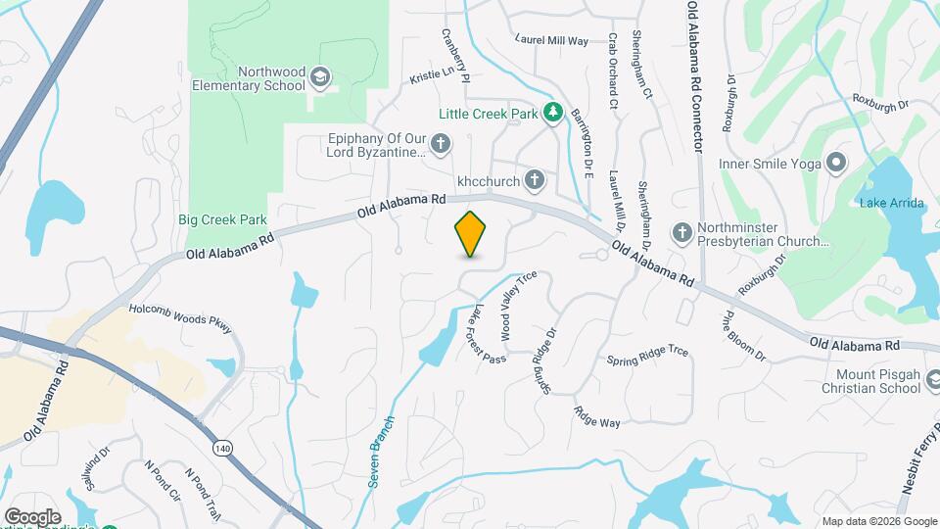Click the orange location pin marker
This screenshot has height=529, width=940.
[471, 233]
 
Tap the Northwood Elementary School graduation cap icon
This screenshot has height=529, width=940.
[319, 77]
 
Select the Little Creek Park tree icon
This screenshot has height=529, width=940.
[553, 114]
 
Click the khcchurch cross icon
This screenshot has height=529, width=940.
[534, 180]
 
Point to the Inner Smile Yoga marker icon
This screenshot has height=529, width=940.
[835, 163]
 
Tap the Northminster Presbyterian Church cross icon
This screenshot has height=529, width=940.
[682, 233]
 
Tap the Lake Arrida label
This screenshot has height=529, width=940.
[887, 204]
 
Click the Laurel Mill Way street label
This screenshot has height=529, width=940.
[552, 41]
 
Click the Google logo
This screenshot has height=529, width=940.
[31, 516]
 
